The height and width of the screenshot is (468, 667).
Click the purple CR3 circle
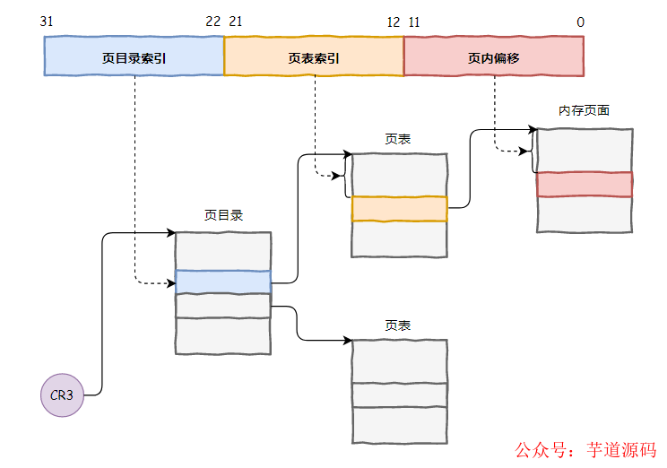[x=62, y=394]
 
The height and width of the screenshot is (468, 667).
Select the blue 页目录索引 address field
[x=134, y=56]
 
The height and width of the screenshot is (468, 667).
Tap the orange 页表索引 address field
[x=314, y=56]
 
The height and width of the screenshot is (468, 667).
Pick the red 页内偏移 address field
[x=494, y=56]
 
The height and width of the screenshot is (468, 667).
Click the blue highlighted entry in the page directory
[x=222, y=282]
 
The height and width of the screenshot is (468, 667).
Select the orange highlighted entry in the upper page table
[x=399, y=208]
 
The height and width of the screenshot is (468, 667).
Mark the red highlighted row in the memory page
[x=585, y=184]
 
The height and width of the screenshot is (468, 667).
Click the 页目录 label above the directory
[x=222, y=216]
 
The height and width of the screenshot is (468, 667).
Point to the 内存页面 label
[x=584, y=111]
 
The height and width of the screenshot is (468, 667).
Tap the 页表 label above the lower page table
[x=398, y=325]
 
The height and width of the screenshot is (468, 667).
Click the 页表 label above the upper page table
[x=398, y=139]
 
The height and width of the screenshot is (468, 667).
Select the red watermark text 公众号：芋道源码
[x=584, y=450]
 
